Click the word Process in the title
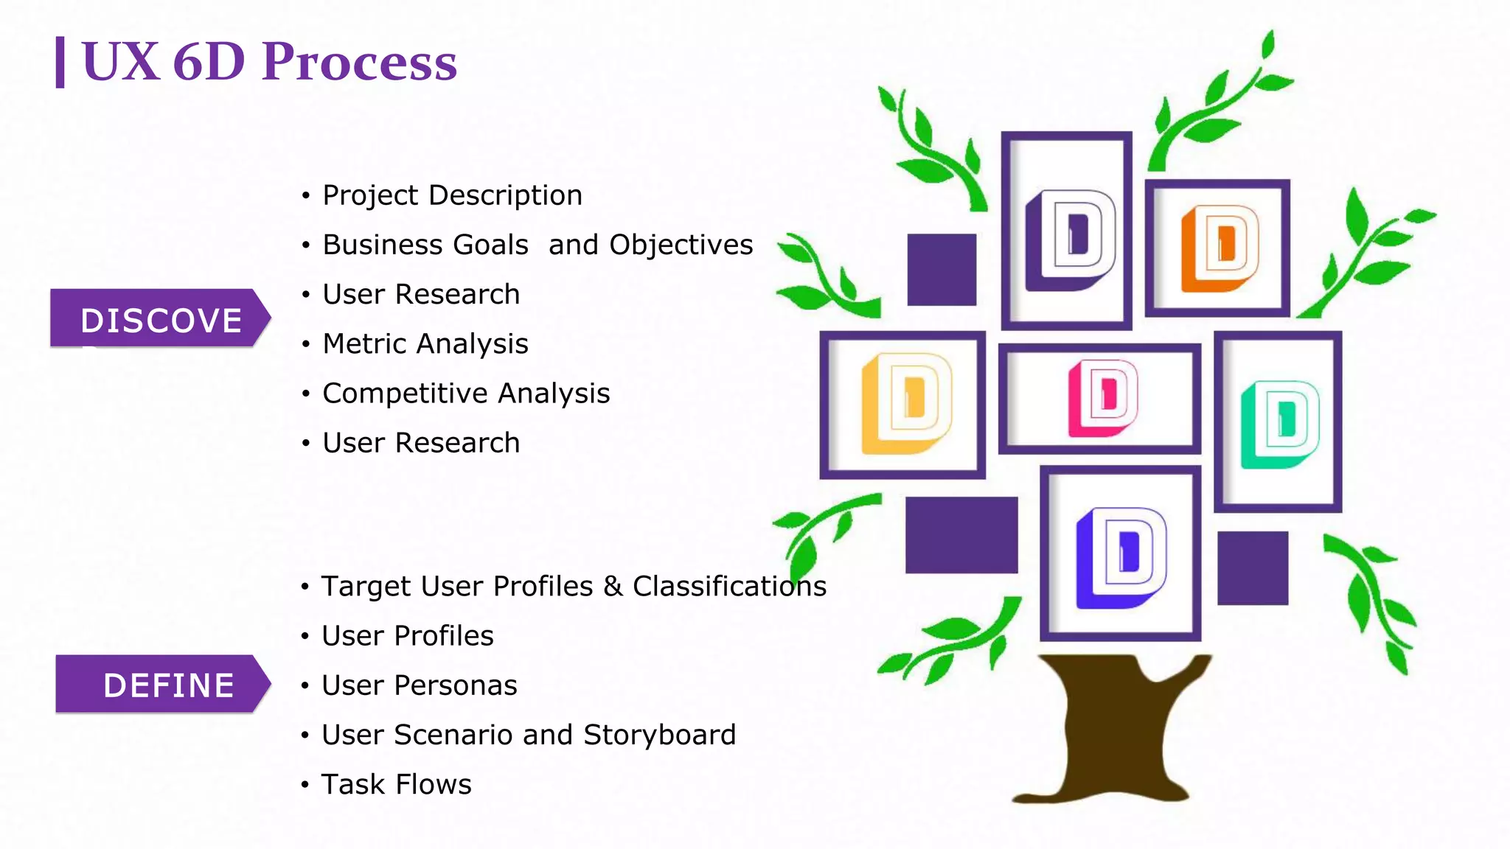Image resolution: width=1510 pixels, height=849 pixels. pyautogui.click(x=359, y=62)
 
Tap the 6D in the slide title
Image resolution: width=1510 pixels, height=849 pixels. pyautogui.click(x=209, y=62)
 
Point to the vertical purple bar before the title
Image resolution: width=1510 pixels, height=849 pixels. pyautogui.click(x=60, y=63)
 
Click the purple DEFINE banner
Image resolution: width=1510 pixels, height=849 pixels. pyautogui.click(x=163, y=685)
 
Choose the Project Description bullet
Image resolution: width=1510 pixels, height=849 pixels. pyautogui.click(x=452, y=195)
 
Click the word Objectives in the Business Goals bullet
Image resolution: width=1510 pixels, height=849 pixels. pyautogui.click(x=681, y=245)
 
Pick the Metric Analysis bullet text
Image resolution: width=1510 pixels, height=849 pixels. pyautogui.click(x=425, y=344)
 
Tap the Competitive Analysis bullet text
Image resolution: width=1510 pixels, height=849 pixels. pyautogui.click(x=466, y=394)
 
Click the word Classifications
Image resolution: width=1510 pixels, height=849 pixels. pyautogui.click(x=729, y=587)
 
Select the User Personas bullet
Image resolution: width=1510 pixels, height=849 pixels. pyautogui.click(x=419, y=685)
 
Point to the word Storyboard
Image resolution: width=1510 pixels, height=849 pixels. pyautogui.click(x=659, y=735)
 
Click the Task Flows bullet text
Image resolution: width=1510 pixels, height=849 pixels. pyautogui.click(x=396, y=784)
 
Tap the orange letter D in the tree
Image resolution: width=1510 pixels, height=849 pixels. pyautogui.click(x=1220, y=248)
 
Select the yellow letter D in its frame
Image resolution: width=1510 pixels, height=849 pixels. pyautogui.click(x=906, y=403)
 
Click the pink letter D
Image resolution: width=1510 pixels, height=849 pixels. pyautogui.click(x=1102, y=398)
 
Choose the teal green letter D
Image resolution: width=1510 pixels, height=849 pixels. pyautogui.click(x=1279, y=424)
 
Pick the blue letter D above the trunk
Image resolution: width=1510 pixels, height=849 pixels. pyautogui.click(x=1120, y=557)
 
